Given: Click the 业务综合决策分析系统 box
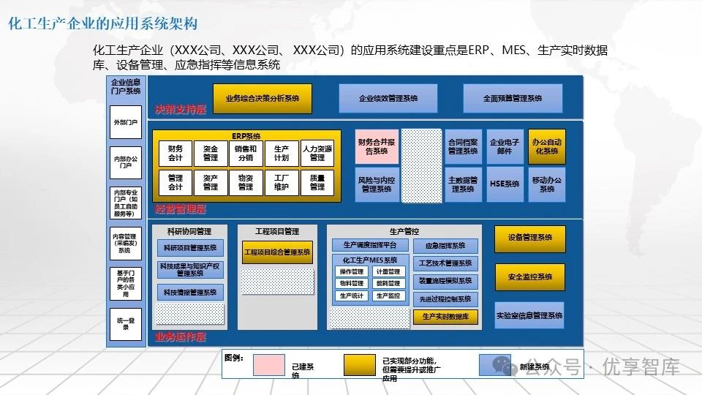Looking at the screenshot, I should (262, 98).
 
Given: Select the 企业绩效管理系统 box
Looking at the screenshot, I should (388, 98).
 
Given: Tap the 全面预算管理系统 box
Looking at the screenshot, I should (513, 98).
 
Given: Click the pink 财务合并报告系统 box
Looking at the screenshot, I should (377, 146).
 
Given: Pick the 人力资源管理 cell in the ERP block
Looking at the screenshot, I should (317, 153).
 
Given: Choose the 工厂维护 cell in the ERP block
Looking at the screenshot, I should (281, 182).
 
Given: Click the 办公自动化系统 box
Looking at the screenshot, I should (546, 146).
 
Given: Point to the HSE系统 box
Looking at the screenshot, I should (505, 184).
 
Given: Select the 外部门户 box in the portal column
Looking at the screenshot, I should (125, 123).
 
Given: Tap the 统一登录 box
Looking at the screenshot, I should (125, 324).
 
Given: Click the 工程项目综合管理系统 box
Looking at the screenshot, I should (277, 252).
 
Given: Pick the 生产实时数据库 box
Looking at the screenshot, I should (445, 317).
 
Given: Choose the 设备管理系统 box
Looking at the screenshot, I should (529, 238).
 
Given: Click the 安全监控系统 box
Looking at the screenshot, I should (529, 277).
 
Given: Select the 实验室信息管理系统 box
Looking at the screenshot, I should (529, 315).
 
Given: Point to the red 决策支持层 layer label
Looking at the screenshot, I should (180, 110).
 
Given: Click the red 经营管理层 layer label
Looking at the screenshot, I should (180, 209).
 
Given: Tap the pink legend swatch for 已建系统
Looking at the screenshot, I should (268, 364).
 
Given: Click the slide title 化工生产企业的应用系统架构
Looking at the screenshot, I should (103, 24).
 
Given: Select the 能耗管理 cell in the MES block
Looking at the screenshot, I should (388, 283).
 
